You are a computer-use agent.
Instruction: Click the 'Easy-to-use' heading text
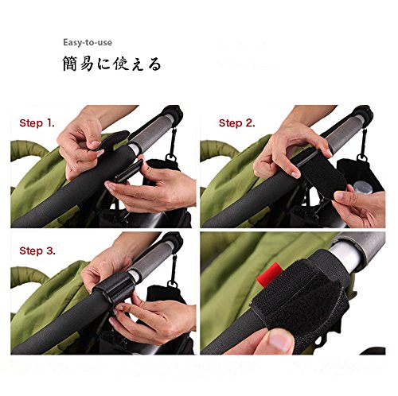click(88, 42)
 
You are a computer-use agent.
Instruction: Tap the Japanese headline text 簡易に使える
click(111, 64)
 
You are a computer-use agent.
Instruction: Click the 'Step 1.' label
click(37, 123)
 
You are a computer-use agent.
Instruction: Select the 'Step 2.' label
click(236, 123)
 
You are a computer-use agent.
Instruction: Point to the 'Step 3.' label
click(37, 250)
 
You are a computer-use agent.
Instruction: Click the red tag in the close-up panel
click(268, 274)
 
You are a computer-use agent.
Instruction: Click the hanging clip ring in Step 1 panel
click(171, 157)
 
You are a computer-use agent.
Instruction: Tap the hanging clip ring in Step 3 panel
click(172, 284)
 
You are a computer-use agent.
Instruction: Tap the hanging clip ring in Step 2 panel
click(362, 158)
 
